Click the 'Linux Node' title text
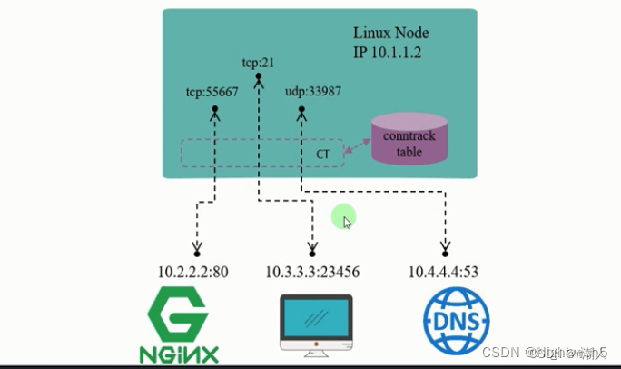coord(390,34)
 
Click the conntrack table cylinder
coord(409,143)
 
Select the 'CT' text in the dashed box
coord(322,155)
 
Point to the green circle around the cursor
coord(343,217)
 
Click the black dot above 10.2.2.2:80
coord(195,254)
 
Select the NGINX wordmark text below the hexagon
coord(178,350)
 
